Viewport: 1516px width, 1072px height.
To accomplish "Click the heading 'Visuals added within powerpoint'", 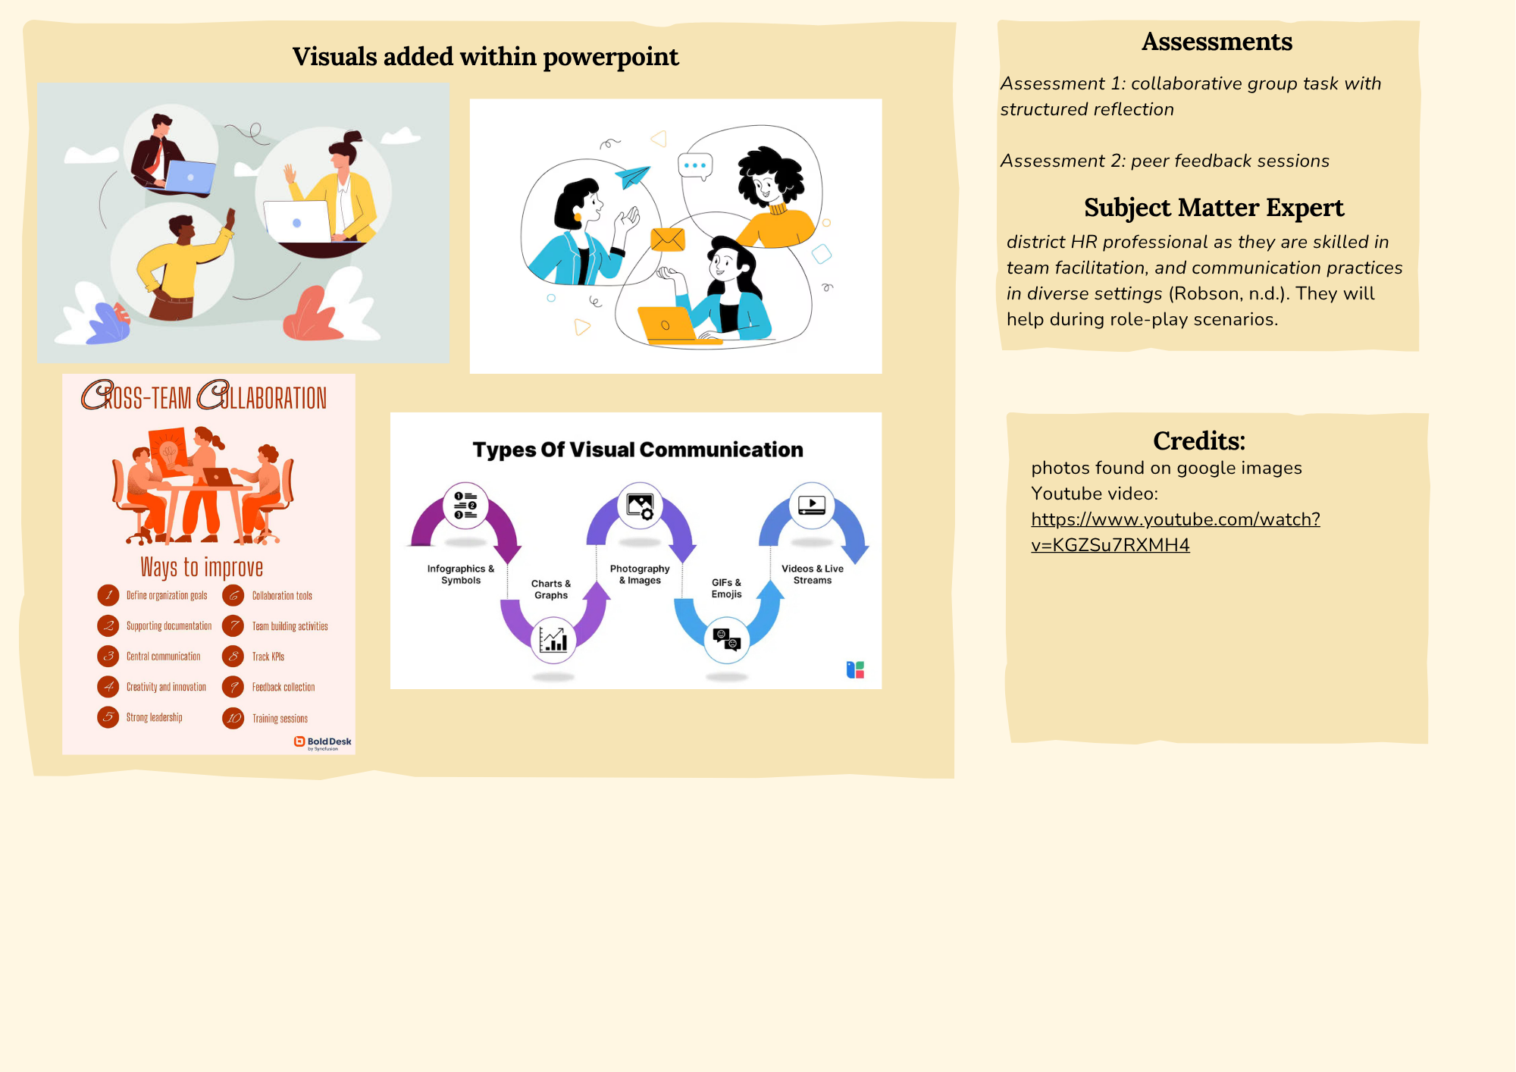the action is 485,57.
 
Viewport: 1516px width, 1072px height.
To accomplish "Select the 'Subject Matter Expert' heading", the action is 1214,208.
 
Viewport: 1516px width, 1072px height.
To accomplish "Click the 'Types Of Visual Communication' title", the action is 637,450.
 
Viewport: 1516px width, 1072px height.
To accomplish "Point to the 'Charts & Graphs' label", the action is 551,589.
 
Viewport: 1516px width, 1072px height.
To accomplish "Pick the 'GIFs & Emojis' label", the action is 726,588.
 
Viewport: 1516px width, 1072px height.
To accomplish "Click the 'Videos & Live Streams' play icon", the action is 812,504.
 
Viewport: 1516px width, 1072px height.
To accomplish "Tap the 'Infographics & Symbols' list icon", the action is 465,505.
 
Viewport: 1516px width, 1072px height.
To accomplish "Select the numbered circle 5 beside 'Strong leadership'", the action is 108,717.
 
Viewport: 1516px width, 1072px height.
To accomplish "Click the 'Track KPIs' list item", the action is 268,657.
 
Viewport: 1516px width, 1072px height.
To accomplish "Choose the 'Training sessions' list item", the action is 280,719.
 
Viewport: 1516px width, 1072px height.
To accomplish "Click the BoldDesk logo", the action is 323,742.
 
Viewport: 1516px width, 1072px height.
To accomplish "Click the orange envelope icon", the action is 667,240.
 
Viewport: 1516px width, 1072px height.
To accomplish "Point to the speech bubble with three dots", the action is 694,165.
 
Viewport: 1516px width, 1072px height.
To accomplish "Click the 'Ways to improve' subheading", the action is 202,568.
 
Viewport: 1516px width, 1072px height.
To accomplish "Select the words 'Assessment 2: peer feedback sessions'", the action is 1164,161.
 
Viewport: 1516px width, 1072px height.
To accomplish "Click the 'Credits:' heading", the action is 1198,440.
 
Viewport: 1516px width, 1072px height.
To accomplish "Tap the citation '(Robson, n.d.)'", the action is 1229,293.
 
